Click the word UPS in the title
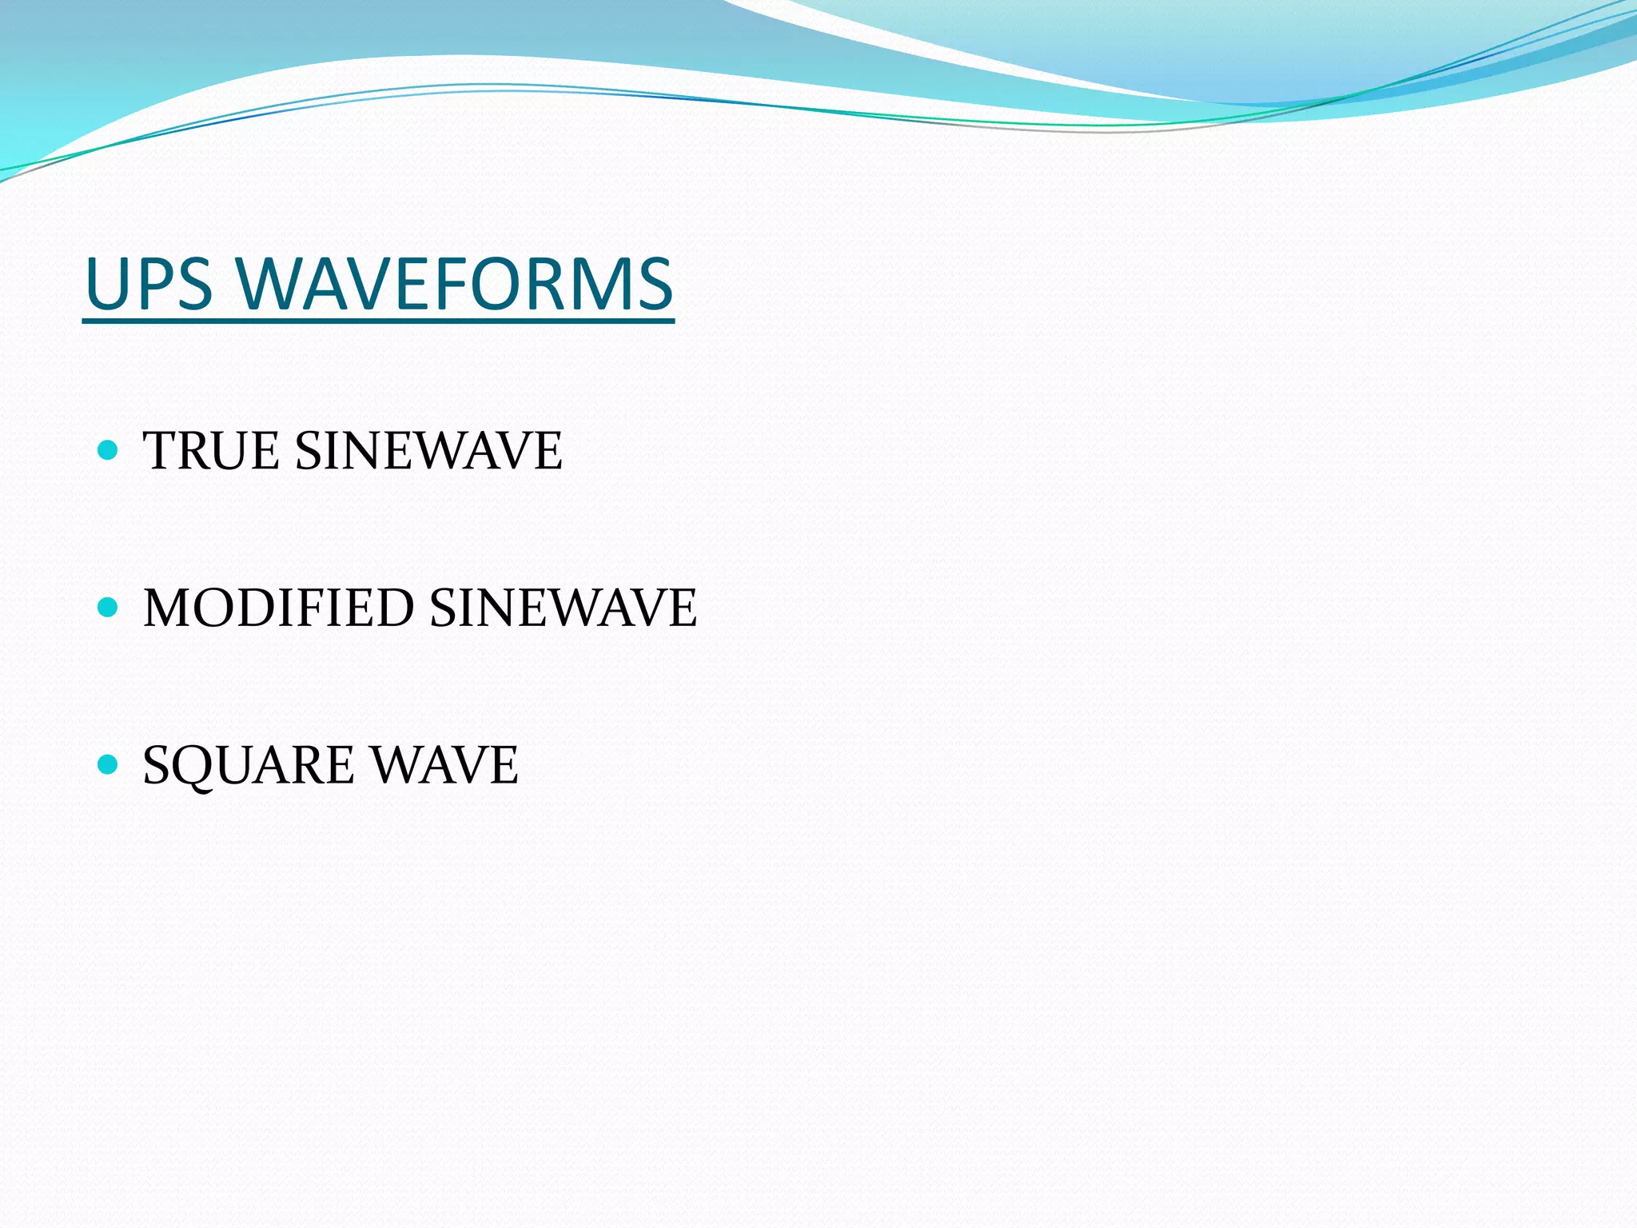click(149, 284)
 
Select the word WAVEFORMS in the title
click(455, 284)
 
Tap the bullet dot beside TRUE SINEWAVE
click(107, 450)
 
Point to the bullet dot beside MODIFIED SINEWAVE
click(107, 608)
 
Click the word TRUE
click(209, 450)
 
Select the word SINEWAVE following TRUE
click(429, 450)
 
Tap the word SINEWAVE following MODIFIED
click(564, 608)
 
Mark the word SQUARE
click(248, 765)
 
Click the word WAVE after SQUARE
click(446, 765)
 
